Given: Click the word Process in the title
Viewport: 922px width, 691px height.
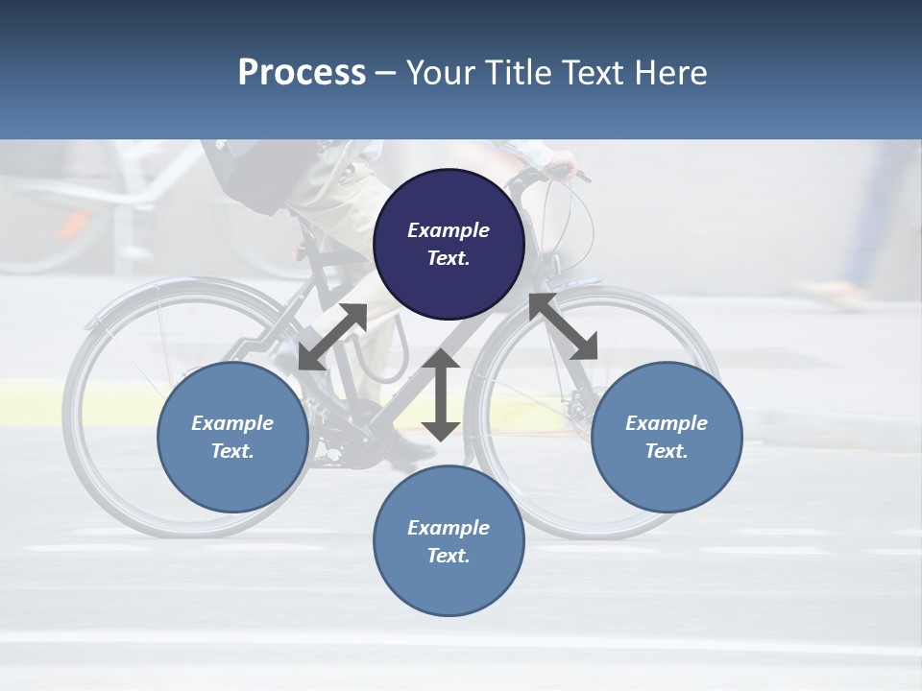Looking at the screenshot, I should [x=302, y=73].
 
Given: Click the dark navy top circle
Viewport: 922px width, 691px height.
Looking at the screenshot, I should [x=449, y=245].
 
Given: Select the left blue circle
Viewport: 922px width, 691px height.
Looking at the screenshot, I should [x=232, y=438].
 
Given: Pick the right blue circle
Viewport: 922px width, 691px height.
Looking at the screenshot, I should [x=667, y=438].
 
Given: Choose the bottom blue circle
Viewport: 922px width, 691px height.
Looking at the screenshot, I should [x=449, y=541].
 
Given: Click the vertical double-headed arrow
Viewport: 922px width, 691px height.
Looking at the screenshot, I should [x=441, y=394].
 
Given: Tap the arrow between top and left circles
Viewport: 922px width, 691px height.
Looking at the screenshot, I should [x=332, y=337].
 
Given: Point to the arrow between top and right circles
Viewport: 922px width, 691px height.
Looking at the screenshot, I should [x=563, y=326].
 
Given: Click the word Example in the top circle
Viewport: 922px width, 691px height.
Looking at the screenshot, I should [x=449, y=230].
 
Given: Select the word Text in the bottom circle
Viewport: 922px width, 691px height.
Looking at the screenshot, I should [x=448, y=556].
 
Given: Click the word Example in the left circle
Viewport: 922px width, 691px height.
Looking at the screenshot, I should [x=232, y=423].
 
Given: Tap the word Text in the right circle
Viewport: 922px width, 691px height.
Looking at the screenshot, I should [x=666, y=451].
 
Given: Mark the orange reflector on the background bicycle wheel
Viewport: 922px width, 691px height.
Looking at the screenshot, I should [x=73, y=226].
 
